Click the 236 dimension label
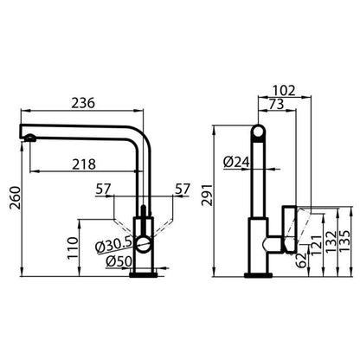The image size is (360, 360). (83, 103)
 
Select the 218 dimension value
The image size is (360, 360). (84, 164)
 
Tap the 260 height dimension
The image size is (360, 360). (15, 198)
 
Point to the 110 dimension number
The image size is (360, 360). (73, 248)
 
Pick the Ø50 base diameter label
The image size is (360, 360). (119, 261)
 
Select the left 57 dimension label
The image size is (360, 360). (103, 190)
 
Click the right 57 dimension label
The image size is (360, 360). (183, 190)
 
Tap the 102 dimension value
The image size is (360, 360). (284, 91)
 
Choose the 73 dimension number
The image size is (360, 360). (276, 104)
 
